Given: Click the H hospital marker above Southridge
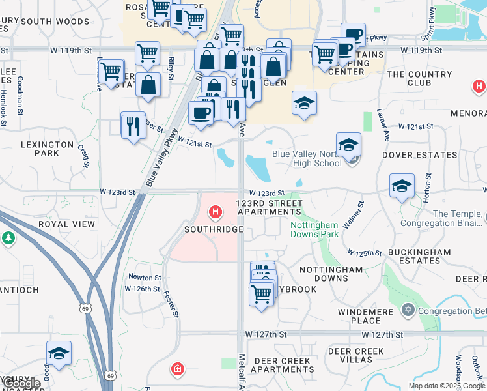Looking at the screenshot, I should (215, 212).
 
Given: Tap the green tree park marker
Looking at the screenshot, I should (8, 239).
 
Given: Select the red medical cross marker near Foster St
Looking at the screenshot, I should (176, 371).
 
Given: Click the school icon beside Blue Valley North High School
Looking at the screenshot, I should (348, 145).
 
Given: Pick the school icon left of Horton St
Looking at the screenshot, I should (402, 186).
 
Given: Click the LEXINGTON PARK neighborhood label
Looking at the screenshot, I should (47, 149).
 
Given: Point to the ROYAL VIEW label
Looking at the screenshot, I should (66, 224).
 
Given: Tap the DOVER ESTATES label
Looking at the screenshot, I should (419, 155).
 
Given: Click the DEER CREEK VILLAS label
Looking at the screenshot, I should (355, 355).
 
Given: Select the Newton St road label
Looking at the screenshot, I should (145, 277).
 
